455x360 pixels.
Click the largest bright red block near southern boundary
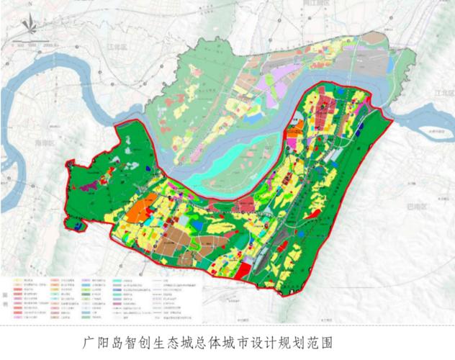click(x=244, y=269)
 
